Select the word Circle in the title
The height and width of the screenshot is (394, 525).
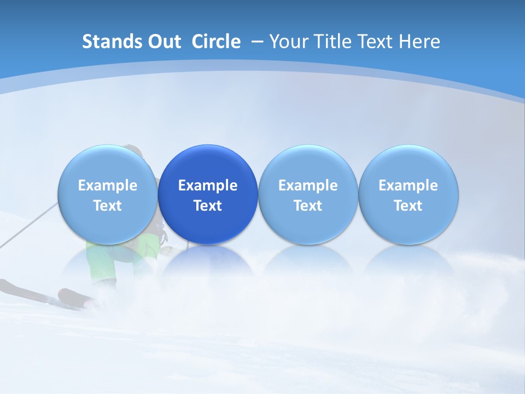click(216, 42)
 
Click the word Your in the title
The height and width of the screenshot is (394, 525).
click(288, 42)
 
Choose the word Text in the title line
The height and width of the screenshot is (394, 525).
click(376, 42)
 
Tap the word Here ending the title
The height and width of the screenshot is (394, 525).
click(419, 42)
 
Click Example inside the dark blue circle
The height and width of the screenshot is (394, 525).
click(208, 186)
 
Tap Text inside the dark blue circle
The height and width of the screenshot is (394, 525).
click(208, 206)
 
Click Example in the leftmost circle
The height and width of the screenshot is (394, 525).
click(108, 186)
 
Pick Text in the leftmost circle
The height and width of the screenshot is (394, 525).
click(108, 206)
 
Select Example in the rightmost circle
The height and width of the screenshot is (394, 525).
click(409, 186)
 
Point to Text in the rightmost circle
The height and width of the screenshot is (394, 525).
click(409, 206)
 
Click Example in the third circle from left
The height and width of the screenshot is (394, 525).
click(308, 186)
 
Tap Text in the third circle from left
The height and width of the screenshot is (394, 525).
click(308, 206)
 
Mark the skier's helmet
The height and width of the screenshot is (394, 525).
click(133, 149)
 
